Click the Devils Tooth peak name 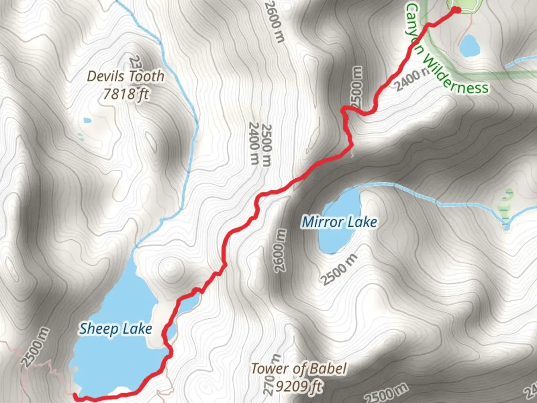[125, 76]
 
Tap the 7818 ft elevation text [125, 94]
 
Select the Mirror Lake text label [339, 222]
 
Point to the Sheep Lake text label [116, 329]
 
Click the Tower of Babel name [299, 369]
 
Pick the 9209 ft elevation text [299, 386]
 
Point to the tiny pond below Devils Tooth [87, 120]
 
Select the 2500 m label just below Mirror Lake [339, 269]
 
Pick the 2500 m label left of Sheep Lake [35, 347]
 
